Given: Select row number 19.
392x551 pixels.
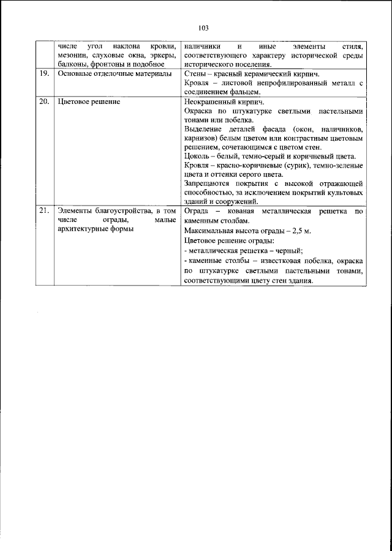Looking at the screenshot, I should pyautogui.click(x=43, y=73).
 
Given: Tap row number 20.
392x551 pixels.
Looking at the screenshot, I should pyautogui.click(x=43, y=102).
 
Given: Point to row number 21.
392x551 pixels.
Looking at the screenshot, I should pyautogui.click(x=43, y=211).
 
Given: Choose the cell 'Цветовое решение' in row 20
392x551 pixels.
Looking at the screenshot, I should pyautogui.click(x=88, y=102).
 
